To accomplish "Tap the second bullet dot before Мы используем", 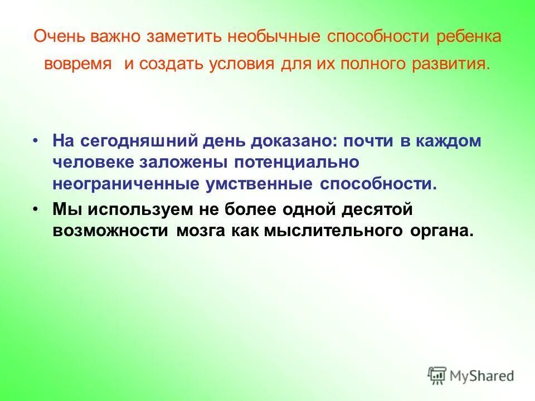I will [x=36, y=208].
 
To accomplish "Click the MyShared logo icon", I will [x=437, y=375].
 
